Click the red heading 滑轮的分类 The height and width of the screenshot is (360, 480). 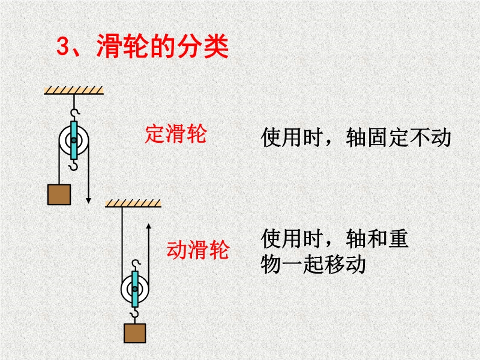tap(163, 46)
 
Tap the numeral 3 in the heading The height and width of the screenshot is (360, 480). tap(64, 47)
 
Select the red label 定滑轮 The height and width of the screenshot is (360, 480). tap(176, 134)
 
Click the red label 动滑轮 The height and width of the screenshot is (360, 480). tap(198, 250)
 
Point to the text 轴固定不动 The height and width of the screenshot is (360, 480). tap(398, 137)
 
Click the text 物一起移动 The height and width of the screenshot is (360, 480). tap(313, 265)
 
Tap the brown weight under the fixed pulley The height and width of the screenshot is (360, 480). tap(59, 194)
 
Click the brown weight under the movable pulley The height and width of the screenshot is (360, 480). tap(134, 334)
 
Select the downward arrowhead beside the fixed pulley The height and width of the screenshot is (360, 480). tap(88, 200)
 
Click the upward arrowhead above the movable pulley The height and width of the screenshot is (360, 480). tap(149, 226)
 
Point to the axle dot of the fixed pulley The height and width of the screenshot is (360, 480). tap(74, 140)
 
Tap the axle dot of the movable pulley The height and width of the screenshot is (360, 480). tap(134, 289)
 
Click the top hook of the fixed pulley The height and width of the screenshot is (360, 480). tap(74, 113)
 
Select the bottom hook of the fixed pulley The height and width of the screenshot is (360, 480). tap(73, 166)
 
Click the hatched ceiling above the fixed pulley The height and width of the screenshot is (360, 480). tap(74, 91)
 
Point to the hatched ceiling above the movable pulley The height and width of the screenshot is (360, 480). tap(133, 203)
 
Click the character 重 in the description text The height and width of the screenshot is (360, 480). tap(398, 239)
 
